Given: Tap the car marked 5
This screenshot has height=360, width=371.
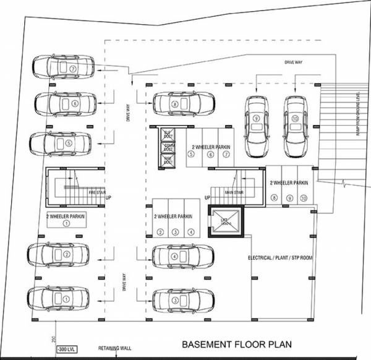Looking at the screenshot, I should pyautogui.click(x=59, y=143).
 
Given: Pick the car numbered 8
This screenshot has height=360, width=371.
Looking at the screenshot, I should pyautogui.click(x=184, y=104).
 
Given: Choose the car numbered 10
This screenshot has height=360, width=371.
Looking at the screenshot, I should pyautogui.click(x=295, y=126).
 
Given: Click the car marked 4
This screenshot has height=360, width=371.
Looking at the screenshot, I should pyautogui.click(x=184, y=256).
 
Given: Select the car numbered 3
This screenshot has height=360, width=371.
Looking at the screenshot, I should pyautogui.click(x=184, y=300).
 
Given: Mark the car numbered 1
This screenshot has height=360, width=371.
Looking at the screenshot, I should pyautogui.click(x=59, y=299).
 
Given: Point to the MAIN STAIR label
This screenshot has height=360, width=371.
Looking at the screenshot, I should pyautogui.click(x=233, y=192).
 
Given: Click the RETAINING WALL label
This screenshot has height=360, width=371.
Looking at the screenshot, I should pyautogui.click(x=113, y=349).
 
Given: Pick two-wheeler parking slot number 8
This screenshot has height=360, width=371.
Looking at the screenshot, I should pyautogui.click(x=274, y=197).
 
